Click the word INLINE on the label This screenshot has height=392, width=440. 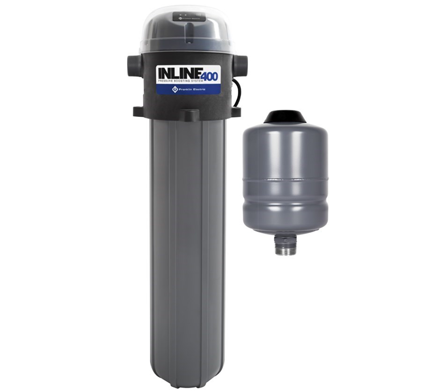tap(178, 74)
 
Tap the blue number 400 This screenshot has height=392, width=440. tap(209, 76)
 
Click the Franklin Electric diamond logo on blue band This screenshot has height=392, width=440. tap(175, 89)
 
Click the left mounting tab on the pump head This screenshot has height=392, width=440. tap(139, 112)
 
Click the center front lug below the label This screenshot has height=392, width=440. tap(188, 115)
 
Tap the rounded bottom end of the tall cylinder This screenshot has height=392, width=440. tap(188, 377)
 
